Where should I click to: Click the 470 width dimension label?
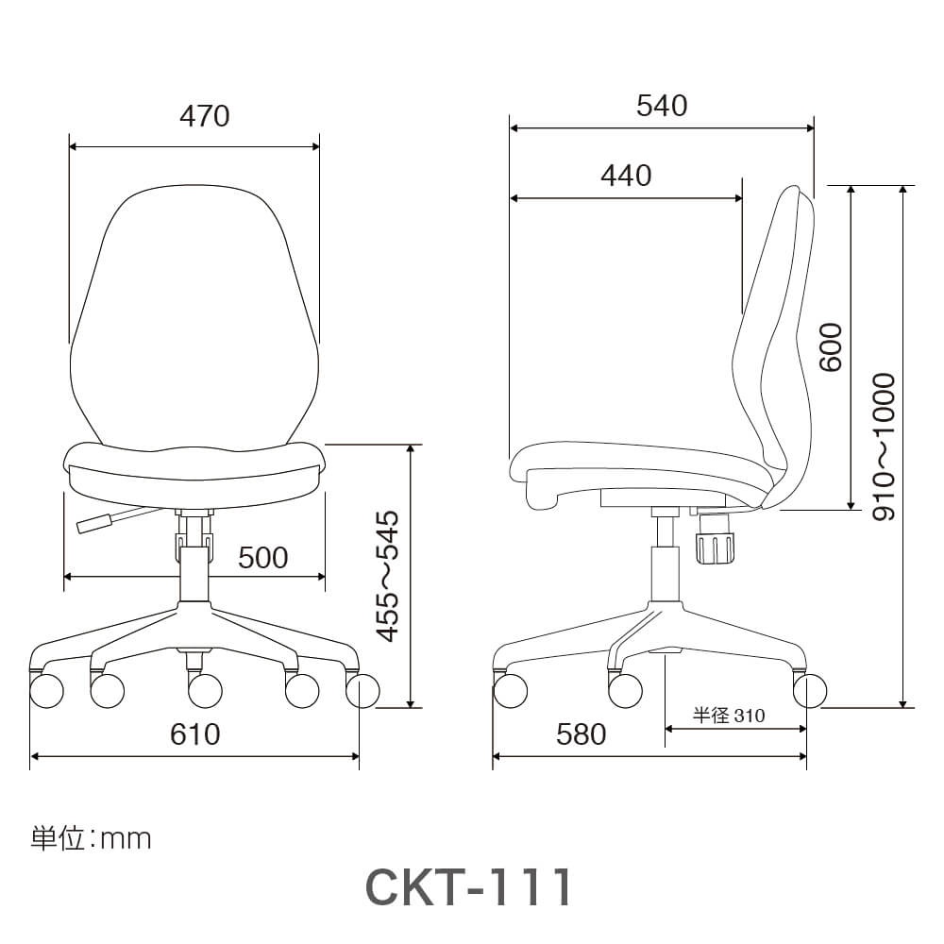click(x=205, y=115)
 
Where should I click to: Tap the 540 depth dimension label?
click(x=662, y=106)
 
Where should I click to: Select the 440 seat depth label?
click(x=626, y=176)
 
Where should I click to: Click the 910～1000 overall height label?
click(x=885, y=447)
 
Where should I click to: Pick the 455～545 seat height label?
click(x=387, y=576)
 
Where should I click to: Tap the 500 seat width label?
click(x=263, y=558)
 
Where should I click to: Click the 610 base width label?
click(x=195, y=733)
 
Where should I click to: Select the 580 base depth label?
click(x=581, y=733)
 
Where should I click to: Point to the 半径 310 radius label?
click(x=729, y=716)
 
